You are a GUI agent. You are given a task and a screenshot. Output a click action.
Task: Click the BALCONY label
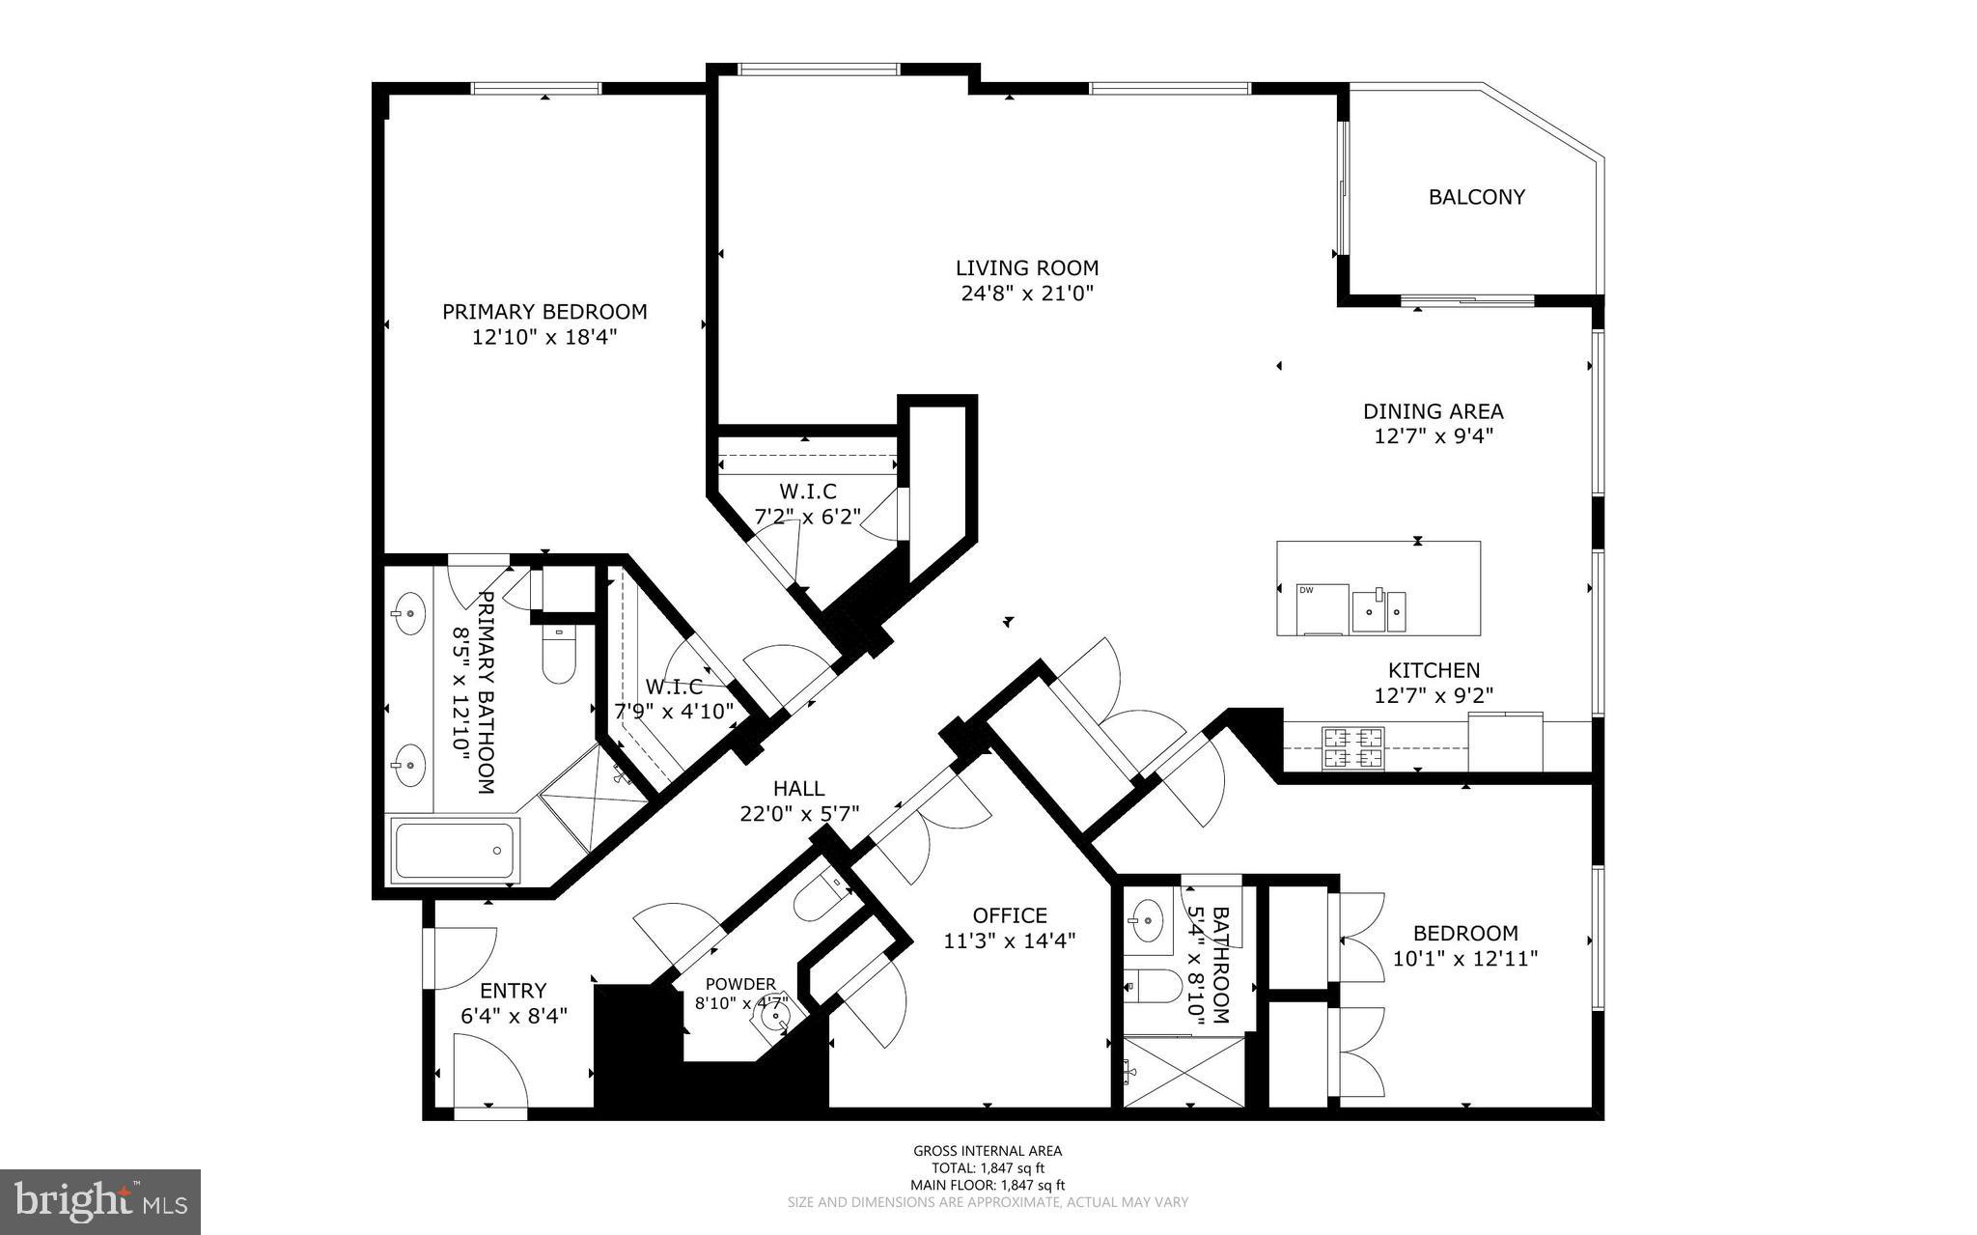point(1476,197)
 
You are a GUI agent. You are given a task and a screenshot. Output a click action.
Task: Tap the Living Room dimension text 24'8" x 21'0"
point(1027,293)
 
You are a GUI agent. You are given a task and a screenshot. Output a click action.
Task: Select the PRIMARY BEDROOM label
point(544,312)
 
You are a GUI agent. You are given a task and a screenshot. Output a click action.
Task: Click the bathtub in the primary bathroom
point(456,850)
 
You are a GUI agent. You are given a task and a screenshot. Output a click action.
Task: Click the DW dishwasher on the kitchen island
point(1323,609)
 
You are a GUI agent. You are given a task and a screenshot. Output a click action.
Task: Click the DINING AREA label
point(1433,411)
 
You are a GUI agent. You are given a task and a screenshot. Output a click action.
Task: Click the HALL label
point(799,789)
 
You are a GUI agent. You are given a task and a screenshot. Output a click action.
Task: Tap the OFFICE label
point(1010,914)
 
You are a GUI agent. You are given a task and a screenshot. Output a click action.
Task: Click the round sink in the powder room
point(773,1017)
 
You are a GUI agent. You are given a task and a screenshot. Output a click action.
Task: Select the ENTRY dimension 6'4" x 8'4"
point(514,1016)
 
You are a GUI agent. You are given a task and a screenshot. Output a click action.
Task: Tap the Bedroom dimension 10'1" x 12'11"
point(1464,959)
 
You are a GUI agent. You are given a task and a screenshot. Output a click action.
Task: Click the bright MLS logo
point(100,1200)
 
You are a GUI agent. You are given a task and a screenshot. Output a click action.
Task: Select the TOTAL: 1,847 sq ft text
point(988,1167)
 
